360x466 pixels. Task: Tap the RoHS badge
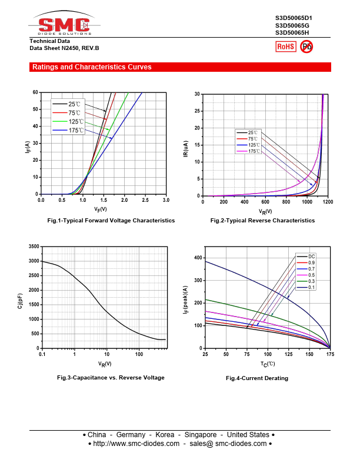point(285,46)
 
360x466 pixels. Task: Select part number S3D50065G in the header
point(292,25)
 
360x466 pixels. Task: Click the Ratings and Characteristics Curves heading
point(92,67)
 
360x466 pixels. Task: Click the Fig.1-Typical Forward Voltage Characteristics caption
point(111,220)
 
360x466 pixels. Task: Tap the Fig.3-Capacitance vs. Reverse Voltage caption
point(111,377)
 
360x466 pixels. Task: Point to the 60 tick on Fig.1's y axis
point(35,92)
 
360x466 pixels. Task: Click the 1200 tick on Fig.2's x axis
point(328,202)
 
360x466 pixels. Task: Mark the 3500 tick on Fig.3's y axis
point(33,247)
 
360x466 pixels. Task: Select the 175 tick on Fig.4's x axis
point(330,354)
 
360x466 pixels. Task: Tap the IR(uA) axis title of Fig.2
point(186,145)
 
